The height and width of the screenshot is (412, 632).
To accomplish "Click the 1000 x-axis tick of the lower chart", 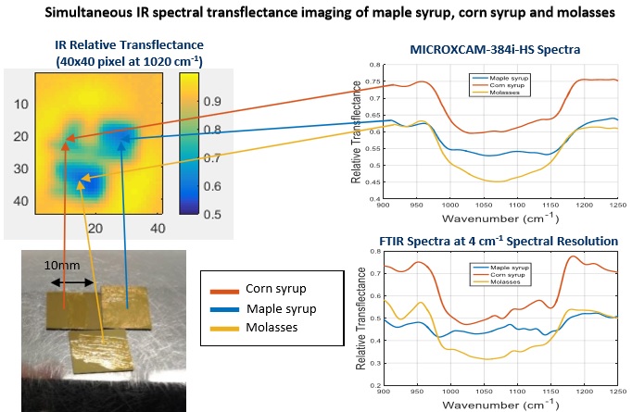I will point(450,394).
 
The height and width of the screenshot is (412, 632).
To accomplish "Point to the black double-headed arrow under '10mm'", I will point(70,279).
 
